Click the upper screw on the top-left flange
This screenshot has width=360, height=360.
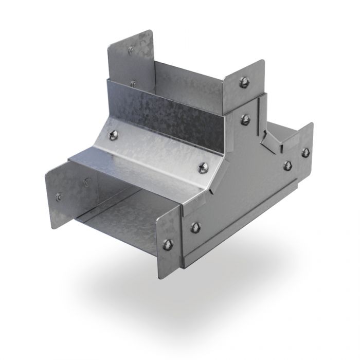pos(131,49)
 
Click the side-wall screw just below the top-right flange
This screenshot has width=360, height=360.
pos(246,119)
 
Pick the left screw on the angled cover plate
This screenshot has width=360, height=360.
pos(113,135)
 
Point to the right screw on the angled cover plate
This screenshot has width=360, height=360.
pos(204,167)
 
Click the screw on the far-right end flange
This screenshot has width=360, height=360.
pos(305,152)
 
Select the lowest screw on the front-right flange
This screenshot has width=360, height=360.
pos(168,245)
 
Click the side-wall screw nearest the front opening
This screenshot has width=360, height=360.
pos(195,227)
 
